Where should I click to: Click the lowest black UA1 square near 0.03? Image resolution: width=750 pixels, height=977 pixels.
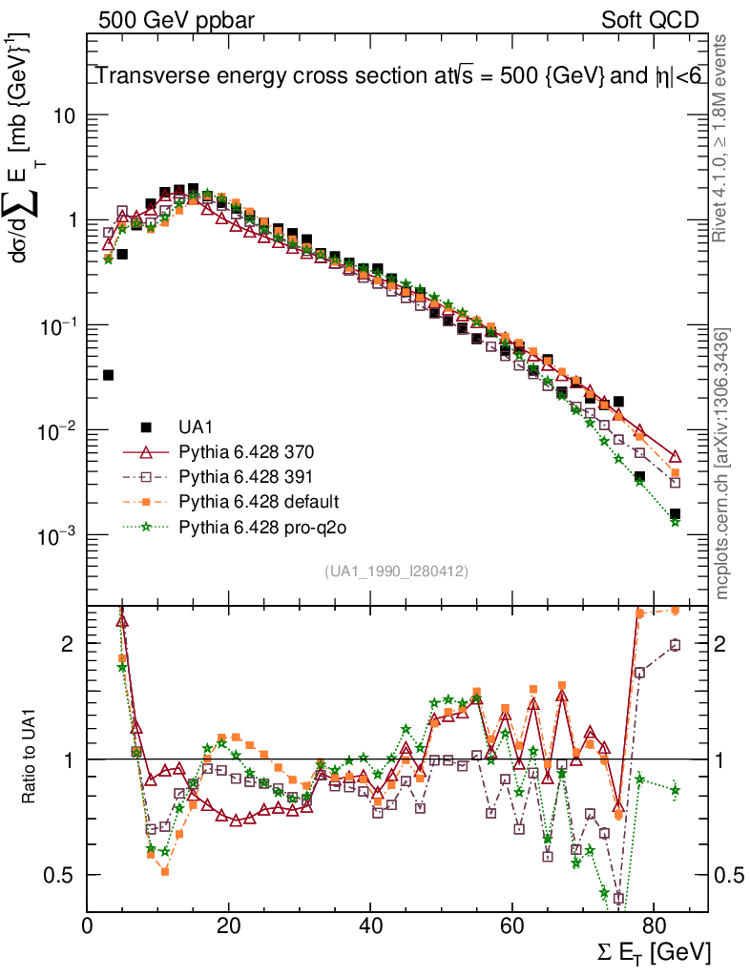click(x=108, y=375)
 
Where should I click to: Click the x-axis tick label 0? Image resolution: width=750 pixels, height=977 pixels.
click(x=88, y=925)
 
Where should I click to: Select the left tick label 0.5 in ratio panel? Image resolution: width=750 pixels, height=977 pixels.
click(x=60, y=875)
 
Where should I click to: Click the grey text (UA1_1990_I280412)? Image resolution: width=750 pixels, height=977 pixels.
click(x=396, y=571)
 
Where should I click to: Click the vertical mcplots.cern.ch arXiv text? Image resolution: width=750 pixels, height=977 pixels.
click(x=722, y=464)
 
